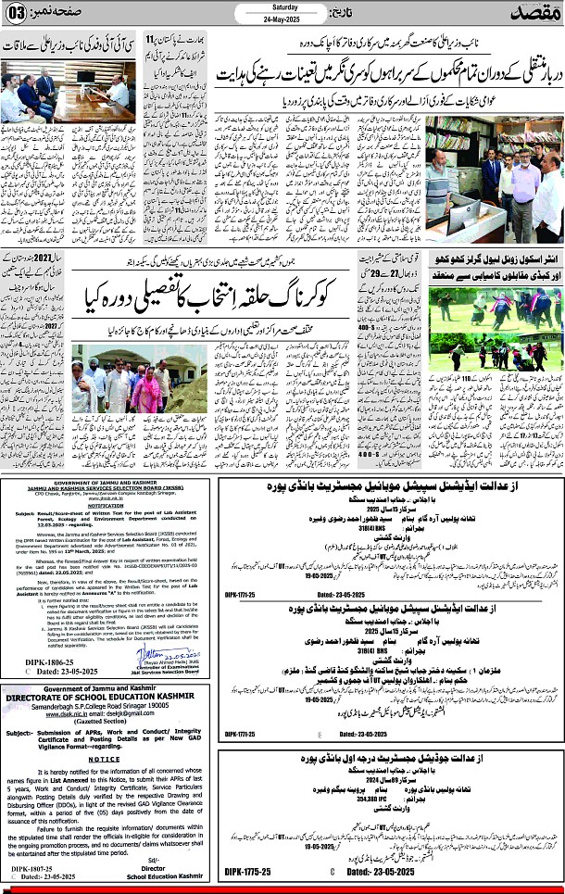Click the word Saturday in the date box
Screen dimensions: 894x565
tap(282, 7)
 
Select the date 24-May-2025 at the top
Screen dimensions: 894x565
tap(282, 19)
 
